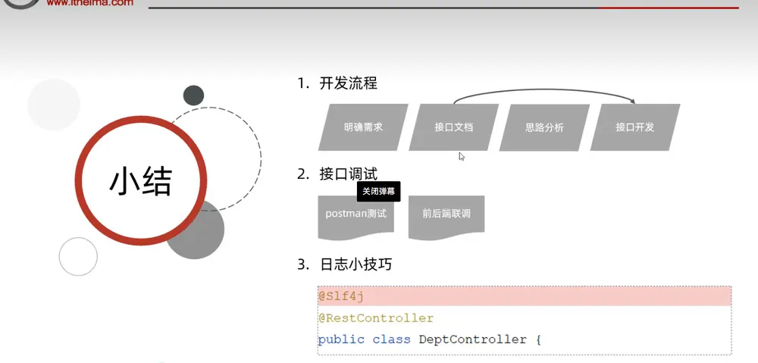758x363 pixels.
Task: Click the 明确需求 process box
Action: click(x=364, y=127)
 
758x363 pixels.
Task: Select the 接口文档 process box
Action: click(x=454, y=127)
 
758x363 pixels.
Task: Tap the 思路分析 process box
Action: click(x=544, y=127)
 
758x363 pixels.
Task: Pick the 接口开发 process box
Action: click(x=635, y=127)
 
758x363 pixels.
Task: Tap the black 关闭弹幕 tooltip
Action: click(x=379, y=192)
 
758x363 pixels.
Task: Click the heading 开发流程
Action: click(x=348, y=83)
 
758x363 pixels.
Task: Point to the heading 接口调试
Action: click(x=348, y=174)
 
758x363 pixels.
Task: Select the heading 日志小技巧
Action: click(x=356, y=264)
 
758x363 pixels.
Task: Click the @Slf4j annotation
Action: click(x=341, y=296)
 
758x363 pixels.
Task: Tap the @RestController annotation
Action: click(x=376, y=318)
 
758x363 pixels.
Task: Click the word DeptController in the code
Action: click(x=473, y=340)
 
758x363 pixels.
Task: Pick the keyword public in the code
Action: click(x=341, y=340)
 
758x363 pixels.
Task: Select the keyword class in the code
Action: click(x=391, y=340)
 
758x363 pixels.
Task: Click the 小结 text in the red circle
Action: click(x=141, y=182)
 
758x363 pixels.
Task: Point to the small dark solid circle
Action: click(x=193, y=95)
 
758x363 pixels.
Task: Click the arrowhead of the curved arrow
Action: click(x=632, y=101)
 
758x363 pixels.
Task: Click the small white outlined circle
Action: click(x=78, y=238)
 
